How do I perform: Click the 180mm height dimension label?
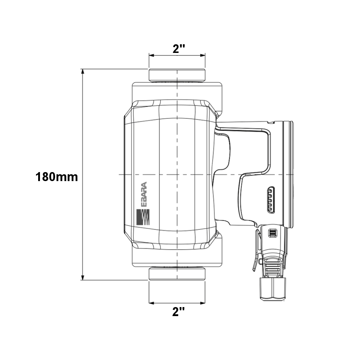click(57, 177)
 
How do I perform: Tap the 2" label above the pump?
click(179, 49)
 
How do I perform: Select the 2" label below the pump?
click(179, 312)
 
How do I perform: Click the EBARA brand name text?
click(144, 195)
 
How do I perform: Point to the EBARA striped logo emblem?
click(143, 217)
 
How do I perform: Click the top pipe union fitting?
click(177, 75)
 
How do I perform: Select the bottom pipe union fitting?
click(177, 274)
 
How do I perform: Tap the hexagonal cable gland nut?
click(273, 289)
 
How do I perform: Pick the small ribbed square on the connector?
click(273, 233)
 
